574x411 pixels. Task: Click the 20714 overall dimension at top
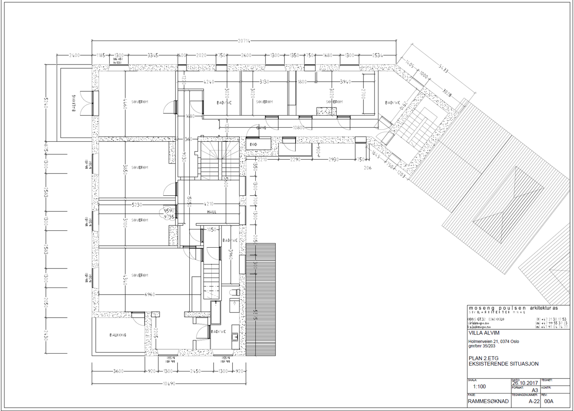coord(244,41)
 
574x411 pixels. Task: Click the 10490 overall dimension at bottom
coord(169,384)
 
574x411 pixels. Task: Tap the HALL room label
coord(212,212)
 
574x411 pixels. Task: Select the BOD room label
coord(254,144)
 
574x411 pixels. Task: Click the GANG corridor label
coord(261,128)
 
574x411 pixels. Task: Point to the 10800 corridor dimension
coord(298,128)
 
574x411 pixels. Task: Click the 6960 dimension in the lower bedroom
coord(150,294)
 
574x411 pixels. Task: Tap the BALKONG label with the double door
coord(74,103)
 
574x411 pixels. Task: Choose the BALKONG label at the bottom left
coord(118,335)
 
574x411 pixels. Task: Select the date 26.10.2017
coord(525,383)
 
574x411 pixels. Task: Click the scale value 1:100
coord(479,387)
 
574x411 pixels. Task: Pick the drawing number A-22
coord(534,401)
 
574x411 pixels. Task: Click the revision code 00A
coord(549,401)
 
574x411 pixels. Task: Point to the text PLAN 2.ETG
coord(483,358)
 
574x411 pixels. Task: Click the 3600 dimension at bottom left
coord(118,371)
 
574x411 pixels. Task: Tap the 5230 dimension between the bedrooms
coord(137,205)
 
